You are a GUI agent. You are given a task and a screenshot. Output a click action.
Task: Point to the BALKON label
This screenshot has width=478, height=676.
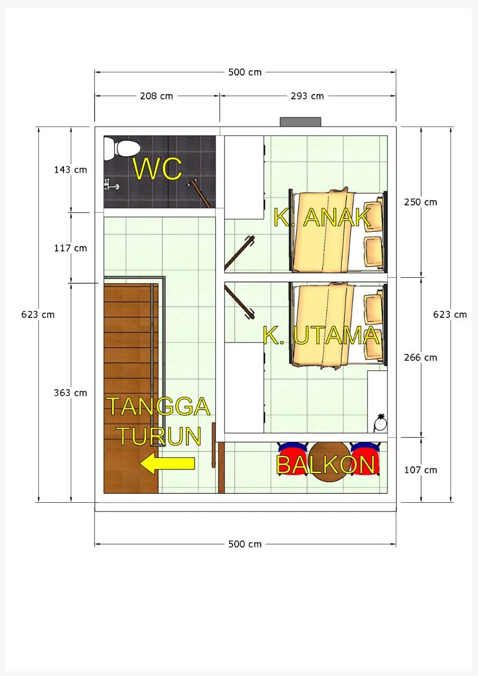click(325, 465)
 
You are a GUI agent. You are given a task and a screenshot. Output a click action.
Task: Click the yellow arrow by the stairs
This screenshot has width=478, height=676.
click(168, 463)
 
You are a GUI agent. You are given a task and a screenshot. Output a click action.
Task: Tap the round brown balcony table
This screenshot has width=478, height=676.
click(329, 462)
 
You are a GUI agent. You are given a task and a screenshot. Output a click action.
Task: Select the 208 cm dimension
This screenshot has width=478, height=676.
click(157, 96)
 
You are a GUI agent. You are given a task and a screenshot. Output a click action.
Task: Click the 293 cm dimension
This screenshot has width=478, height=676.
click(307, 96)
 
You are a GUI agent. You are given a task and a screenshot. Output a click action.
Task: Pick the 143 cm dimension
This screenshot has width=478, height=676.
click(70, 170)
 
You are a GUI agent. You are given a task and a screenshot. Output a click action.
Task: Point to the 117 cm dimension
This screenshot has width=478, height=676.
click(70, 248)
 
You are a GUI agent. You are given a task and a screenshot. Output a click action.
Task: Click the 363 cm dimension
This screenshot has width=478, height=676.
click(70, 393)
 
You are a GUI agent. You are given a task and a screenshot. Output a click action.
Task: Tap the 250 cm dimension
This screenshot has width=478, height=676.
click(420, 202)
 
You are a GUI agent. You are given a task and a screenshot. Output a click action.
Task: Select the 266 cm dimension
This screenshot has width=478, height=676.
click(420, 358)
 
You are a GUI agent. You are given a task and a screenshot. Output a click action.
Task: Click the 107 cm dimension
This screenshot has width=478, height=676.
click(420, 470)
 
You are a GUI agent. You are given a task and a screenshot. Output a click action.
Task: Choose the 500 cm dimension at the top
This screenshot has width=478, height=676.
click(245, 72)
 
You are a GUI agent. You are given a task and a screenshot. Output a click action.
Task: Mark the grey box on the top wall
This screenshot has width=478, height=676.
click(300, 122)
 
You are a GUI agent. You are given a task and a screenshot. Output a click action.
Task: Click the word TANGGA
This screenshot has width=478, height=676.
click(158, 406)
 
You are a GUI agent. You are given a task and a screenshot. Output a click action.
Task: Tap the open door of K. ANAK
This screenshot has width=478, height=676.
click(240, 252)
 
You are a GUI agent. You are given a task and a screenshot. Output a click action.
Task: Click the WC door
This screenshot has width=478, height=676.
click(199, 193)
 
